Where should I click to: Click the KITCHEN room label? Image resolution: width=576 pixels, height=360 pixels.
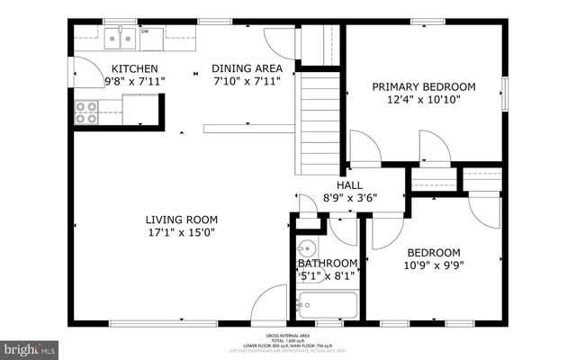point(134,68)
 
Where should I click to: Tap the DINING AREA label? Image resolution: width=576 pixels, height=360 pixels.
point(247,67)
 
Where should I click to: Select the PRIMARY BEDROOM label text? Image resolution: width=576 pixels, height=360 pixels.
point(424,87)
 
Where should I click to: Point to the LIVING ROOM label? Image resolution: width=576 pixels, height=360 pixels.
point(182,219)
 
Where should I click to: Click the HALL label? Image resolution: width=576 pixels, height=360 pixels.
point(349,184)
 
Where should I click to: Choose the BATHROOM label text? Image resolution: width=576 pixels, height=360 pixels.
point(328,263)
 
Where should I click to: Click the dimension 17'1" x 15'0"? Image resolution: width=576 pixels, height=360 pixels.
point(182,232)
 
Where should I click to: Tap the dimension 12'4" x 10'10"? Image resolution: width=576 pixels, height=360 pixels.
point(424,101)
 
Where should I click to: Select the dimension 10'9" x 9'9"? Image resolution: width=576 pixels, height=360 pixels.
point(434,266)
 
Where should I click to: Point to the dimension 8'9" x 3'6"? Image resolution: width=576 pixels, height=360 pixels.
point(349,198)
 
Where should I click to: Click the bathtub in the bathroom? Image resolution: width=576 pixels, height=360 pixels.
point(328,306)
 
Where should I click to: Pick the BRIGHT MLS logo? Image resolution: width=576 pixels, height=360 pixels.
point(31,347)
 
